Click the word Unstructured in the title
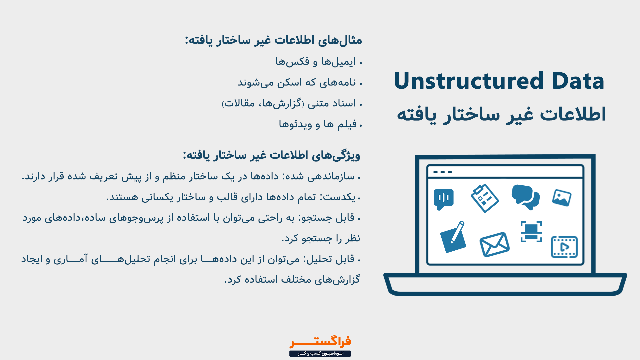pos(469,81)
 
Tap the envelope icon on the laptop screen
pos(494,244)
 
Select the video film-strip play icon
pos(564,247)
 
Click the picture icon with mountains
pos(562,198)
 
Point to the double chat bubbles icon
pos(526,197)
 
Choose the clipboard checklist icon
pos(485,198)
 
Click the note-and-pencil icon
pos(453,237)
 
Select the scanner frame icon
pos(531,231)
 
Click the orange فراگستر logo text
pos(320,342)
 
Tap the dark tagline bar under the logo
pos(320,353)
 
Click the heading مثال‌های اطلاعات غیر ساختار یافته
pos(274,40)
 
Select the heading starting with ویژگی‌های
pos(272,155)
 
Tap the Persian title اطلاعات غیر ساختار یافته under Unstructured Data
pos(501,115)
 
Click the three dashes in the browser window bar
pos(443,172)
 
